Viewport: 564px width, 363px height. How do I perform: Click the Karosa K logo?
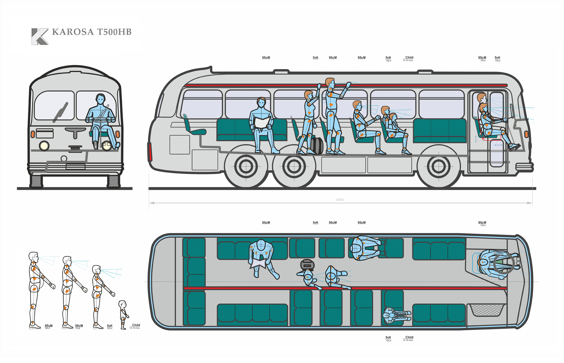tap(39, 36)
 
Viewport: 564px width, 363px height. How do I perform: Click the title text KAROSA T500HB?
tap(92, 32)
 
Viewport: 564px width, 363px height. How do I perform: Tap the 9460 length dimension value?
tap(340, 200)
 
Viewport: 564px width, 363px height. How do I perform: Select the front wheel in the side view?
tap(439, 167)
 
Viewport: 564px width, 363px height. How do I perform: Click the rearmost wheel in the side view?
tap(246, 167)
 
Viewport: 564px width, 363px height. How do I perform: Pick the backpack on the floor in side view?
tap(317, 146)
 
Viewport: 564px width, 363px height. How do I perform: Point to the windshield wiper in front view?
tap(61, 112)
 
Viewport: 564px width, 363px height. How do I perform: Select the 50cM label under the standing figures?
tap(79, 326)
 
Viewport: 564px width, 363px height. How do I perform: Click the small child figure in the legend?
tap(123, 314)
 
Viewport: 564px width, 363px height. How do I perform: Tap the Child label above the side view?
tap(409, 57)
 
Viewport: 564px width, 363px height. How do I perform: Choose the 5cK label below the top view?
tap(388, 337)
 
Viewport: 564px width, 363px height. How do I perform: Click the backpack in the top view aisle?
tap(307, 264)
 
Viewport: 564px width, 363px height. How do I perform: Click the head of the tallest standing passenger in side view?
tap(330, 83)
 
